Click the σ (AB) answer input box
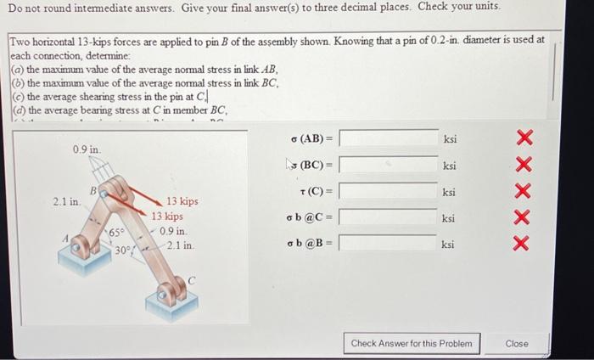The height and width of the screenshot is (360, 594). click(x=389, y=138)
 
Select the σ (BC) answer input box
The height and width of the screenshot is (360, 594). click(x=389, y=165)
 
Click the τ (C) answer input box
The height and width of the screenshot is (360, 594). click(x=389, y=191)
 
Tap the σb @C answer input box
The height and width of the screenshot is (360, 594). click(x=389, y=217)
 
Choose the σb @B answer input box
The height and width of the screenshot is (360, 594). click(x=389, y=244)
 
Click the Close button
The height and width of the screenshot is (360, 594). click(x=516, y=344)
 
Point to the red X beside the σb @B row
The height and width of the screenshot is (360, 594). click(x=524, y=245)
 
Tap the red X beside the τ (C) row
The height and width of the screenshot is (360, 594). click(x=524, y=192)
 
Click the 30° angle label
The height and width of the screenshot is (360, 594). click(x=122, y=250)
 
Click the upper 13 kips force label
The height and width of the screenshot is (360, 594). click(x=182, y=201)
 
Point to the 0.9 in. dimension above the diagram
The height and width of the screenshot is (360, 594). click(x=87, y=149)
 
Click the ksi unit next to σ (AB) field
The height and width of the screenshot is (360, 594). click(x=449, y=138)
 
